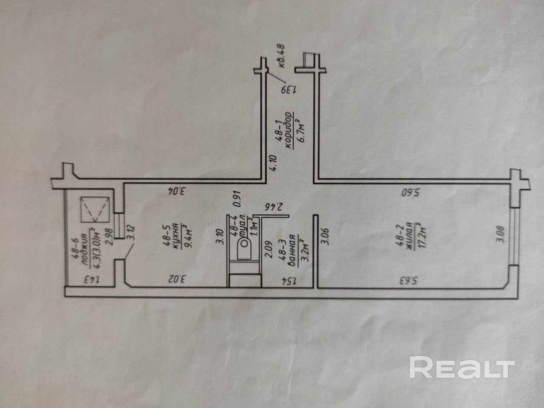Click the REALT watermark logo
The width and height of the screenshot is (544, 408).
pos(462,367)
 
